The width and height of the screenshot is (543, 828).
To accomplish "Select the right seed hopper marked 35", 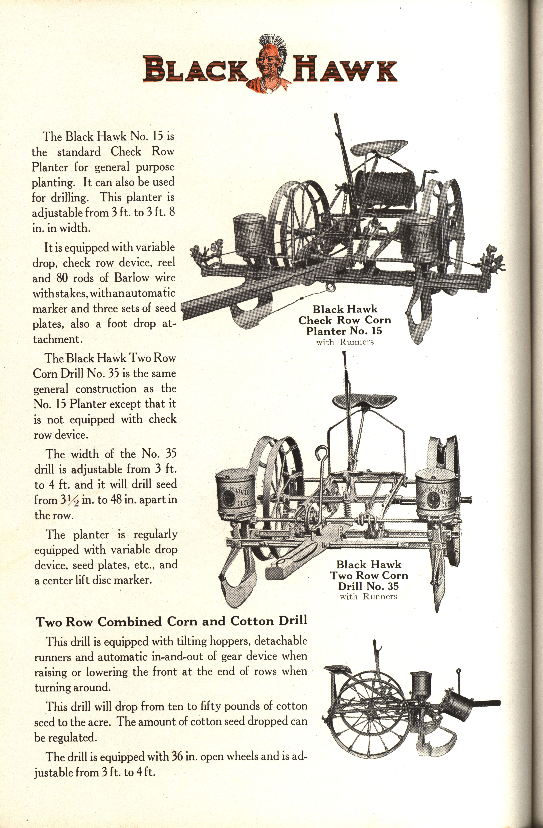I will pos(435,492).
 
